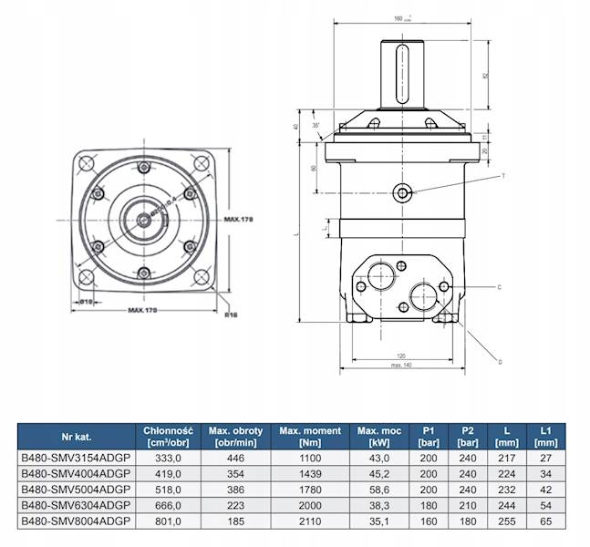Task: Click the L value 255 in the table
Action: pyautogui.click(x=508, y=521)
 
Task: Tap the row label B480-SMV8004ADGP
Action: pyautogui.click(x=77, y=521)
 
